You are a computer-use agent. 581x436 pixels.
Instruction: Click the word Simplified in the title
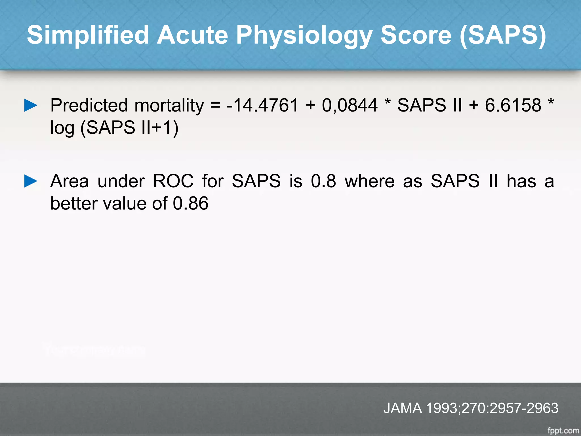[x=88, y=35]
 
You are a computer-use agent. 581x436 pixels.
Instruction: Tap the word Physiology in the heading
[x=304, y=35]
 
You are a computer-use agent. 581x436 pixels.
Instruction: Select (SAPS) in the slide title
[x=502, y=35]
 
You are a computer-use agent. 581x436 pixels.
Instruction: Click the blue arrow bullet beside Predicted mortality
[x=31, y=105]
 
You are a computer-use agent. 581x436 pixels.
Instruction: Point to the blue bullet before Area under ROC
[x=31, y=181]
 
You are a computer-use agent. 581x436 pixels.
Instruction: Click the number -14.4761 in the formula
[x=262, y=105]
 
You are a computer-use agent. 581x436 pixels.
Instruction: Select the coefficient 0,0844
[x=350, y=105]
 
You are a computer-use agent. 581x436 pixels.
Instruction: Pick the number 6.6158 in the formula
[x=513, y=105]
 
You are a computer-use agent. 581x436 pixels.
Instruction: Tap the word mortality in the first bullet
[x=169, y=105]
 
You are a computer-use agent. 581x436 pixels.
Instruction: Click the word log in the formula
[x=62, y=128]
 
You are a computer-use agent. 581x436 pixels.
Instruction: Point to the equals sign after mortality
[x=216, y=105]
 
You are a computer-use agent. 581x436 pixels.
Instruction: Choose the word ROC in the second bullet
[x=173, y=181]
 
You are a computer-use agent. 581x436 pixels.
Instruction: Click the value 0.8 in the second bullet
[x=323, y=181]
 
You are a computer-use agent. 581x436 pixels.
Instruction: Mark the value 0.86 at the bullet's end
[x=191, y=204]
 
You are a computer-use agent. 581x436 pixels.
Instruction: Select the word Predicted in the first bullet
[x=89, y=105]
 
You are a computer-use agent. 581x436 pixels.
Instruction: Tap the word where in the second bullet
[x=370, y=181]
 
